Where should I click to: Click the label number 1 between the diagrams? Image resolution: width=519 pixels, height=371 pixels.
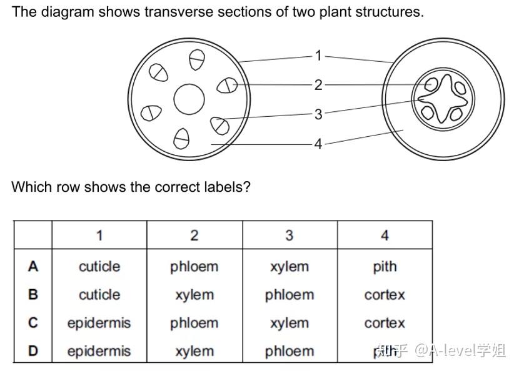(x=318, y=56)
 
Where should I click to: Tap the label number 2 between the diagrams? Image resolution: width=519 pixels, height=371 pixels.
(x=318, y=84)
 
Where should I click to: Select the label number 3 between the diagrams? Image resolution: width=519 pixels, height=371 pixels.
(x=318, y=114)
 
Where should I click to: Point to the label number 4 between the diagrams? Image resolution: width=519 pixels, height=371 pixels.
(x=318, y=144)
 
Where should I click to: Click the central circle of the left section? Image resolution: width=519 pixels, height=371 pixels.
(x=189, y=100)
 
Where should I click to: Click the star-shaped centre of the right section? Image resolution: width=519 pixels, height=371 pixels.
(x=443, y=99)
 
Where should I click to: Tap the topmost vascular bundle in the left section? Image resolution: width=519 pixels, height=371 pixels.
(x=196, y=59)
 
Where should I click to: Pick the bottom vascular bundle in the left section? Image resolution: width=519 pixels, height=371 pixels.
(x=181, y=138)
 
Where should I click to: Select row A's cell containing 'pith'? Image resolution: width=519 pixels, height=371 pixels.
(x=385, y=267)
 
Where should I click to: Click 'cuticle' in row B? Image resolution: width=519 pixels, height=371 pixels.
(x=99, y=295)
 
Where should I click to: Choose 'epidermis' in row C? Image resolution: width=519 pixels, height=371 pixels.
(x=99, y=323)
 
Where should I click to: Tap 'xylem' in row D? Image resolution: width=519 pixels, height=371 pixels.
(x=194, y=351)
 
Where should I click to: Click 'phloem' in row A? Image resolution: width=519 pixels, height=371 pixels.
(x=194, y=267)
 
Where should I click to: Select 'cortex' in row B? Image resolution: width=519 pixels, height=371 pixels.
(x=385, y=295)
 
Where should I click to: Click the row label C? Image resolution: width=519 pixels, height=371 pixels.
(x=33, y=323)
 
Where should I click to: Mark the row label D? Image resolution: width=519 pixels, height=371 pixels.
(x=33, y=351)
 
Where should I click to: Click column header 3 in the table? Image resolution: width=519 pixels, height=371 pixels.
(x=290, y=235)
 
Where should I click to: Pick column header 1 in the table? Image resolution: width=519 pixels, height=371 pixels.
(x=99, y=235)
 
